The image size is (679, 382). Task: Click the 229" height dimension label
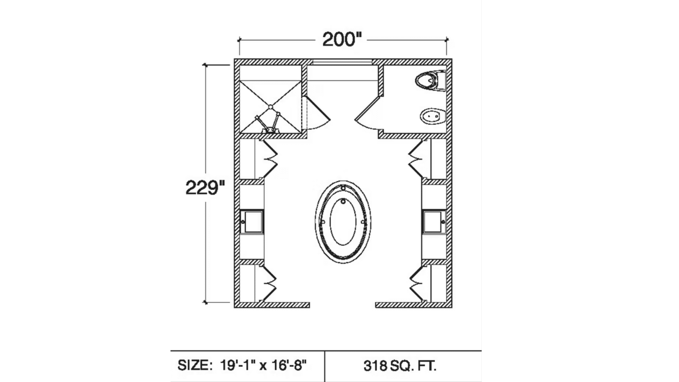pos(205,187)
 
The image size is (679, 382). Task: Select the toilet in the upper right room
pos(430,81)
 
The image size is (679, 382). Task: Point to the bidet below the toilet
pos(432,116)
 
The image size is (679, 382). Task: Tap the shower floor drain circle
pos(271,106)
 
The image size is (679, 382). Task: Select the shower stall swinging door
pos(317,113)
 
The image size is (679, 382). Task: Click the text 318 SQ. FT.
pos(400,366)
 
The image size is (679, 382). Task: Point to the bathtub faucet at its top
pos(343,188)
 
